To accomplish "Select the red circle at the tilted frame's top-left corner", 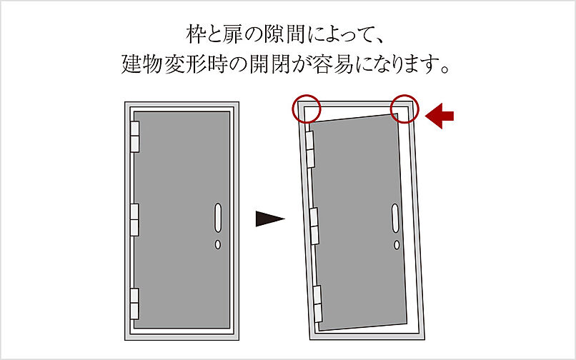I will [307, 109].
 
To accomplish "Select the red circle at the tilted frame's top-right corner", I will [404, 109].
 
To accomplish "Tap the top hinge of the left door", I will [134, 136].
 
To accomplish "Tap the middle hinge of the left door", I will [134, 219].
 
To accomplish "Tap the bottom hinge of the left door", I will [134, 303].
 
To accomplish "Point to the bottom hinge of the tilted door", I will [318, 303].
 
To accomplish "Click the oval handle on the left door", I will [218, 217].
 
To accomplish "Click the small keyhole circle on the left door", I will [218, 244].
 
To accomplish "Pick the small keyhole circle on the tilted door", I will [397, 244].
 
